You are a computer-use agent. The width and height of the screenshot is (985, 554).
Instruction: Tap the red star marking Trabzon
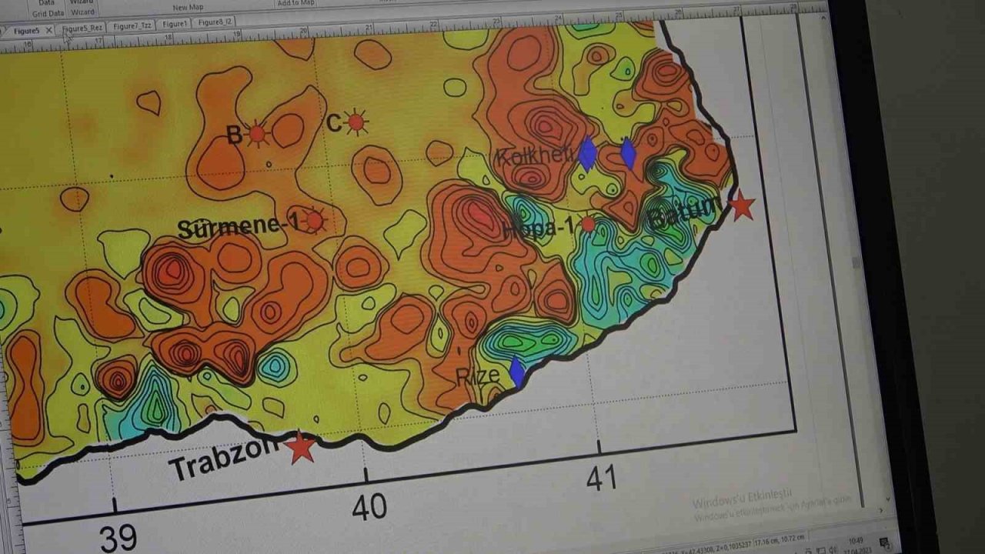[x=300, y=447]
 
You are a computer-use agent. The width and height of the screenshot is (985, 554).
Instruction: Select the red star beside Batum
[x=741, y=205]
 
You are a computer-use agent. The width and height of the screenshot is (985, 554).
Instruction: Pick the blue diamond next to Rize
[x=517, y=371]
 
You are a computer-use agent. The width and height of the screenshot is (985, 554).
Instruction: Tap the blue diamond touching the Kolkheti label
[x=587, y=154]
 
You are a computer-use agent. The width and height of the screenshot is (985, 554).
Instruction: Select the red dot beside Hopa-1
[x=588, y=224]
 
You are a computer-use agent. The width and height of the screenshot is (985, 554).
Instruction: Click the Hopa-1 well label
[x=539, y=229]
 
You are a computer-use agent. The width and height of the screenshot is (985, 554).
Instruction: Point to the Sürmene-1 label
[x=238, y=227]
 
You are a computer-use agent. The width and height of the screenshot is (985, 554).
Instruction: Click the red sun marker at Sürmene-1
[x=313, y=221]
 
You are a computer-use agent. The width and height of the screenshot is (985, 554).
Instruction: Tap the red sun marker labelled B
[x=257, y=135]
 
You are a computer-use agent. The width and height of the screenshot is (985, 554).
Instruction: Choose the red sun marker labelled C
[x=355, y=122]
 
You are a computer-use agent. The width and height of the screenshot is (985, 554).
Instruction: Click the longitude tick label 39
[x=118, y=538]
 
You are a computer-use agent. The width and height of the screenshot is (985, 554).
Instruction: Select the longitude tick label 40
[x=369, y=507]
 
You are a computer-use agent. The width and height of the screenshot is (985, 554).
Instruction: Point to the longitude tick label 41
[x=601, y=479]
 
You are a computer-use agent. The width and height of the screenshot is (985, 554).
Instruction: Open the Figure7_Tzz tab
[x=131, y=25]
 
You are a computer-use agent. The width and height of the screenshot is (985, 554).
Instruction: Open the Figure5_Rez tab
[x=82, y=28]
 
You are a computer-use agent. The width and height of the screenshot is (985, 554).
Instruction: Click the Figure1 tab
[x=175, y=24]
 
